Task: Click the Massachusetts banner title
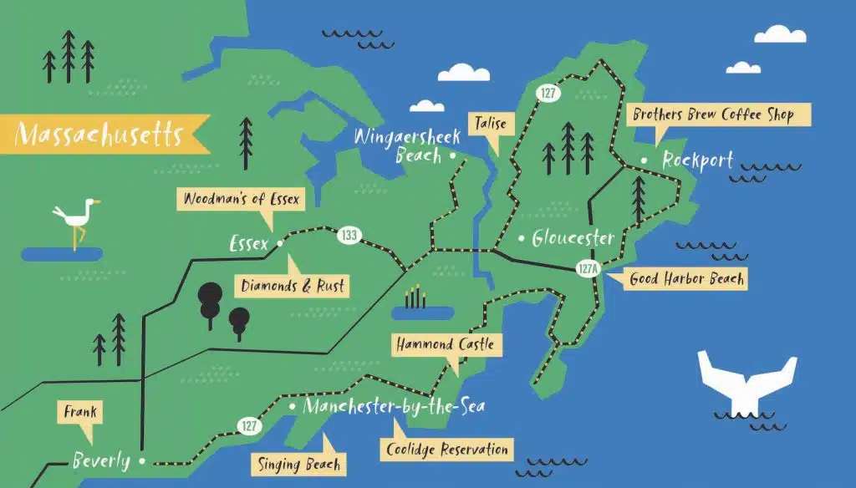[x=99, y=134]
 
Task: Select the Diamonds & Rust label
[x=293, y=286]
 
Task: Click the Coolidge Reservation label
[x=447, y=450]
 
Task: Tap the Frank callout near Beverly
[x=79, y=411]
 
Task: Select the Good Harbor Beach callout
[x=686, y=279]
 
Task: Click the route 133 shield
[x=349, y=236]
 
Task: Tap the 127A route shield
[x=588, y=269]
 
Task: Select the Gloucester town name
[x=573, y=238]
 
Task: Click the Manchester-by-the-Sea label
[x=393, y=407]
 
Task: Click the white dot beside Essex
[x=280, y=243]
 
